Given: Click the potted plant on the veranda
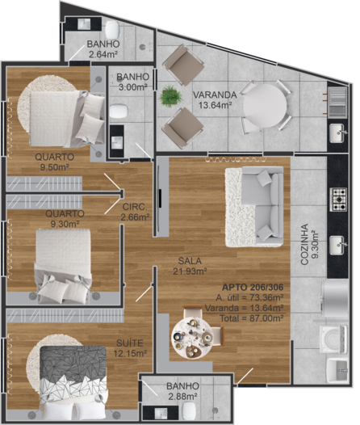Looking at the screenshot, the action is click(x=170, y=96).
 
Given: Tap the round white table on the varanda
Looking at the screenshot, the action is click(x=265, y=106).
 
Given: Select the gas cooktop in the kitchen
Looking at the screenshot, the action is click(x=338, y=200).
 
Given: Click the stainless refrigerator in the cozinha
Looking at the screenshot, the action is click(x=335, y=299).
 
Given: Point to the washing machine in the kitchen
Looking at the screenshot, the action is click(x=333, y=339).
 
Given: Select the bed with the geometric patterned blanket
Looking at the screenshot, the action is click(x=73, y=383).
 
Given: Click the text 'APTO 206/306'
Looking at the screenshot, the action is click(x=253, y=287).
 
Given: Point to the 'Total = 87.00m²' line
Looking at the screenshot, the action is click(x=252, y=318).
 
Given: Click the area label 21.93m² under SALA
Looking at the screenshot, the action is click(x=190, y=271).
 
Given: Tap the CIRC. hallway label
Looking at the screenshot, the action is click(x=135, y=207).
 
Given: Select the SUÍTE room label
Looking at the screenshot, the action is click(x=130, y=343).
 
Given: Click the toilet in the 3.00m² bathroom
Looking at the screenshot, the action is click(x=119, y=112).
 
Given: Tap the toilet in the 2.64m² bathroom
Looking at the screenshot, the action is click(x=112, y=30).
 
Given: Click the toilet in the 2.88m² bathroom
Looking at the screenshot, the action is click(x=188, y=410).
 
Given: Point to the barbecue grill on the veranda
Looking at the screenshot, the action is click(x=337, y=102).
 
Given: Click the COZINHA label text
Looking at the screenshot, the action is click(x=304, y=244).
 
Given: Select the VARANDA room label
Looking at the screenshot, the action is click(x=215, y=95).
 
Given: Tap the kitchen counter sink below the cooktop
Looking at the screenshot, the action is click(x=337, y=246).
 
